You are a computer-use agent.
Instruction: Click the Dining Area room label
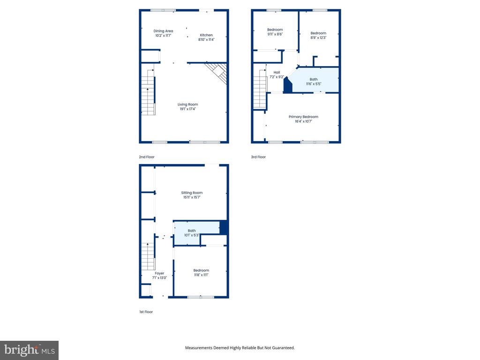[x=163, y=31]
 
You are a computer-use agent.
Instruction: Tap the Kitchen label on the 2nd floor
[x=206, y=35]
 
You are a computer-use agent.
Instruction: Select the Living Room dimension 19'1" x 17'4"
[x=187, y=109]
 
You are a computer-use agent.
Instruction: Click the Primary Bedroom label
[x=303, y=117]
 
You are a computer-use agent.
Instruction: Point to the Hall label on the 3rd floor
[x=277, y=72]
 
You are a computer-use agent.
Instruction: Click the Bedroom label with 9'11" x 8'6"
[x=275, y=30]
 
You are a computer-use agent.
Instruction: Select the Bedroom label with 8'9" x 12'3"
[x=318, y=33]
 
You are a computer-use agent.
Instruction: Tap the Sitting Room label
[x=192, y=193]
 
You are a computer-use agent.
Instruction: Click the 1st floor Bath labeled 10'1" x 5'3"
[x=192, y=231]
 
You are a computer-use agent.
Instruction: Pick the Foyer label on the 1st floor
[x=159, y=273]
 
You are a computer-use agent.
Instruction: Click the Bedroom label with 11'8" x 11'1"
[x=201, y=270]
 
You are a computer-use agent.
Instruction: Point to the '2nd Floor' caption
[x=146, y=157]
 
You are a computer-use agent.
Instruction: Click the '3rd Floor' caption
[x=258, y=157]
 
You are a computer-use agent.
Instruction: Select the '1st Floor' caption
[x=146, y=312]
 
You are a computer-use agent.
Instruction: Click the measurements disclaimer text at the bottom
[x=240, y=348]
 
